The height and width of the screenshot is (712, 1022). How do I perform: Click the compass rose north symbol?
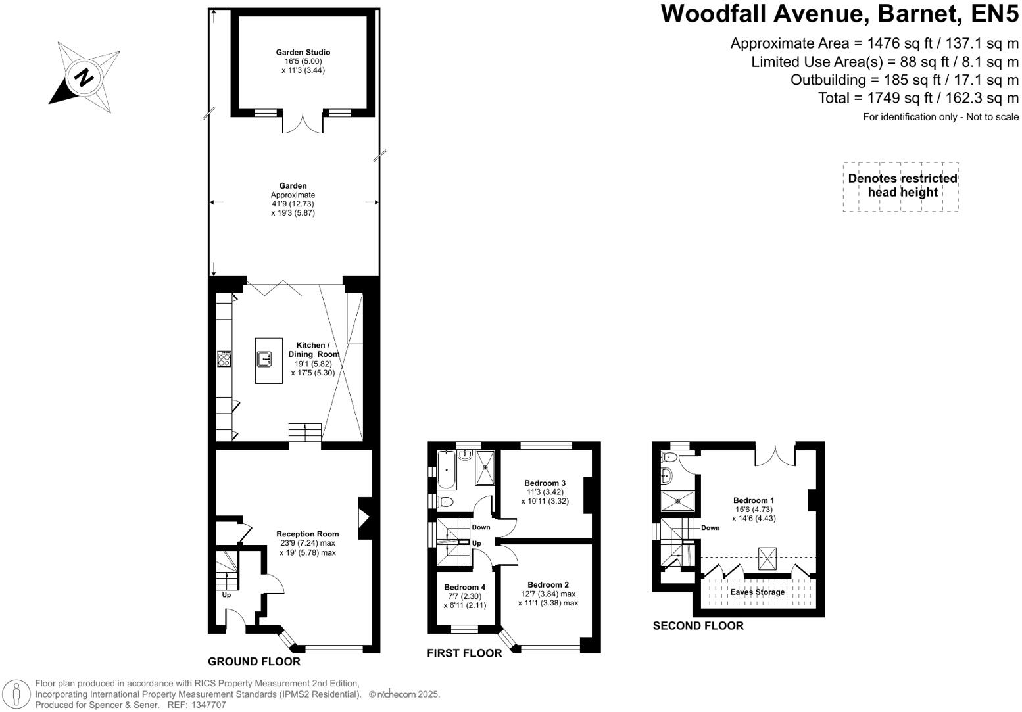pyautogui.click(x=84, y=78)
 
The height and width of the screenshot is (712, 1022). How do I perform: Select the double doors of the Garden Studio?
pyautogui.click(x=303, y=123)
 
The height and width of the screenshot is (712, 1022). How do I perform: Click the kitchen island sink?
pyautogui.click(x=266, y=358)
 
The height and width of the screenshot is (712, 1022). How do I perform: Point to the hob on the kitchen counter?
pyautogui.click(x=224, y=358)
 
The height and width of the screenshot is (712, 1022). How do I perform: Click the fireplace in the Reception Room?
pyautogui.click(x=364, y=519)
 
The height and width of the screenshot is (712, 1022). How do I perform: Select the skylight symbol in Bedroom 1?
pyautogui.click(x=767, y=559)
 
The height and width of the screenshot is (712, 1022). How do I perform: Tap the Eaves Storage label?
pyautogui.click(x=757, y=592)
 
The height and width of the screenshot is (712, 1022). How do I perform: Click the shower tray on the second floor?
pyautogui.click(x=677, y=501)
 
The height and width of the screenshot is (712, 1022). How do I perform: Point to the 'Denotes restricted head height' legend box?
pyautogui.click(x=901, y=187)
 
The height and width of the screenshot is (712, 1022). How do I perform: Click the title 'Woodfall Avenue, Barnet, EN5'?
pyautogui.click(x=839, y=13)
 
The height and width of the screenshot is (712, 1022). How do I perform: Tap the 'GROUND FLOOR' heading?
pyautogui.click(x=254, y=661)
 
